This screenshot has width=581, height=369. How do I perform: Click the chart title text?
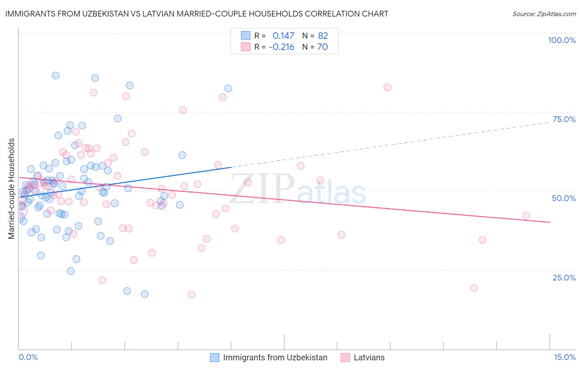coord(197,14)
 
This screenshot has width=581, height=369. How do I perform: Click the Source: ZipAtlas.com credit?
coord(544,14)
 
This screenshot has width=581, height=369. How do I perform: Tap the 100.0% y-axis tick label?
coord(562,40)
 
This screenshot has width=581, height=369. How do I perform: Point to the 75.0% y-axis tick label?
coord(564,119)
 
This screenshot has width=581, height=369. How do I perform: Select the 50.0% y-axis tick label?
coord(564,198)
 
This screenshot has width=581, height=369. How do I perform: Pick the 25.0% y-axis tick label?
coord(564,277)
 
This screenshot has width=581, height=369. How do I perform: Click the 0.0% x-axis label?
coord(28,357)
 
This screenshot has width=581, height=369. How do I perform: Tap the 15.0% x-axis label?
coord(564,357)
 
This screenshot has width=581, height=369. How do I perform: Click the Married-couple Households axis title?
coord(12,189)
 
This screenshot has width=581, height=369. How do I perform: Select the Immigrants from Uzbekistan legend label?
coord(275,357)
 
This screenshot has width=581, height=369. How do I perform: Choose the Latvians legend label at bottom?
coord(369,357)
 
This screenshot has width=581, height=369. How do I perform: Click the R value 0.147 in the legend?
coord(283,36)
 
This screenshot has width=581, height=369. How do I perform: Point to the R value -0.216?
coord(281,47)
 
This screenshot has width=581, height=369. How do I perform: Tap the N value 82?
coord(323,36)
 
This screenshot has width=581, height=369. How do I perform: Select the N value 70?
coord(322,47)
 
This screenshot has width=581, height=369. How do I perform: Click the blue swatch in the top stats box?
coord(246,36)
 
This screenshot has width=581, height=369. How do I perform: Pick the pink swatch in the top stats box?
coord(246,47)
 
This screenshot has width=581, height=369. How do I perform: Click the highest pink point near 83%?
coord(387,87)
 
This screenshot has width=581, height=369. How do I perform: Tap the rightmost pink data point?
coord(526,216)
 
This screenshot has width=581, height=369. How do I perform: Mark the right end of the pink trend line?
coord(550,222)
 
